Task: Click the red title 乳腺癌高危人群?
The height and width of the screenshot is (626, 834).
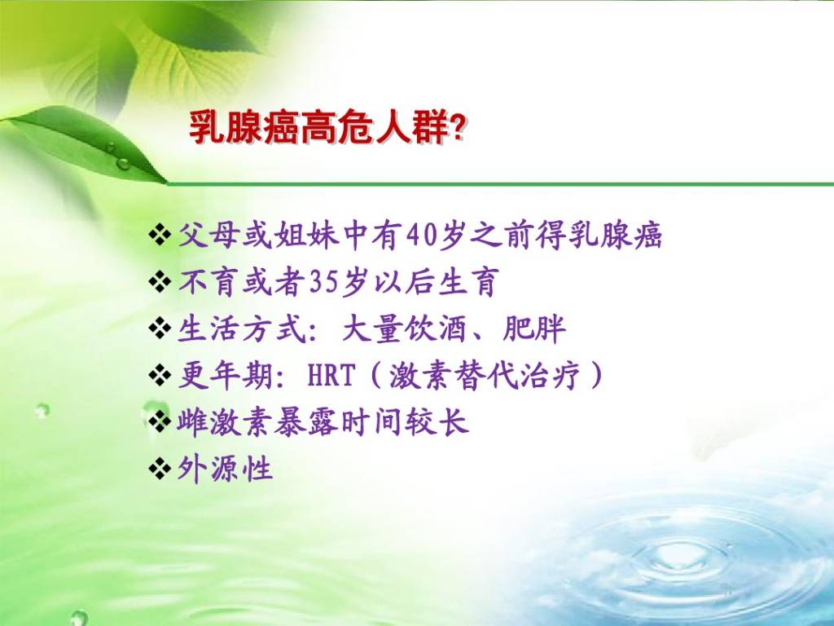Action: [327, 128]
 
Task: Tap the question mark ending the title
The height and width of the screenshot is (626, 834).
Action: [457, 128]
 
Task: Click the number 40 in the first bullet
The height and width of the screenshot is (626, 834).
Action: [423, 236]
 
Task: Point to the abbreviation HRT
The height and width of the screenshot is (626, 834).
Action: [331, 376]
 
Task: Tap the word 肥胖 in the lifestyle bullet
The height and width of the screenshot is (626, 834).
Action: [533, 329]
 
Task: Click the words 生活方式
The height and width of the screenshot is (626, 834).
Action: [241, 329]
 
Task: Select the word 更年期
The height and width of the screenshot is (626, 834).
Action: [225, 376]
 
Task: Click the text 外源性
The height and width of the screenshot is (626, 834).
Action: [225, 469]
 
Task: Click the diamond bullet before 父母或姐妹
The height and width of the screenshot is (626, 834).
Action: [160, 236]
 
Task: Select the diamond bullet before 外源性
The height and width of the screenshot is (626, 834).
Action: [160, 469]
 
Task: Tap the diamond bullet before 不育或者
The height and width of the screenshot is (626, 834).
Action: [160, 282]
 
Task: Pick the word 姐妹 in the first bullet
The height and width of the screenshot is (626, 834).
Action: [306, 236]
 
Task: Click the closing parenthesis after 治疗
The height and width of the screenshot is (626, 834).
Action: [596, 376]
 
